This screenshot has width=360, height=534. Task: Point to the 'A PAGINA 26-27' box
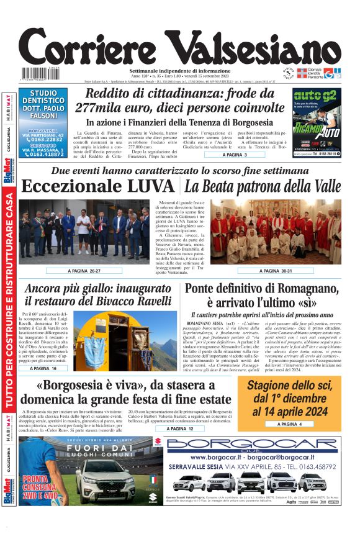[84, 271]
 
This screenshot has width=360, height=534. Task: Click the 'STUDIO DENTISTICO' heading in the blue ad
[47, 97]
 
